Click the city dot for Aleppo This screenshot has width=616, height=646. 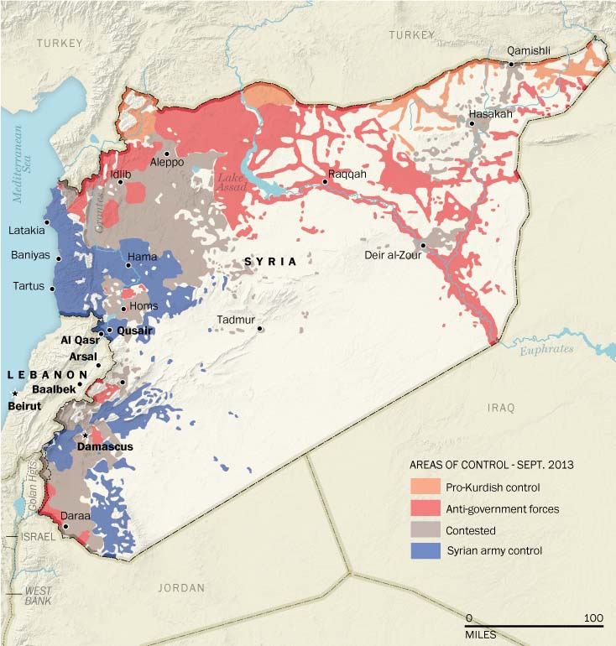[x=167, y=154]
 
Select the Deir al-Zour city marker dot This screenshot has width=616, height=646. [x=424, y=246]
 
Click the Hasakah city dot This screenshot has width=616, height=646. [x=472, y=124]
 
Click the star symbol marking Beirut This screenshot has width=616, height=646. [x=14, y=393]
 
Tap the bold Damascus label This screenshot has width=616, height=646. [x=105, y=447]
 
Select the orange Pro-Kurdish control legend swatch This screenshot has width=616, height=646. [x=426, y=487]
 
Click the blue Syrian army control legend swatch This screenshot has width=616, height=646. [x=426, y=551]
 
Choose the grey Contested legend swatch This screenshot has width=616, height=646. [x=426, y=530]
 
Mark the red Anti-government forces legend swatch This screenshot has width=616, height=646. [x=426, y=508]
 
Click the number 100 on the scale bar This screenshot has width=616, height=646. [x=593, y=618]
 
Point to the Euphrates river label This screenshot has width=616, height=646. [x=546, y=348]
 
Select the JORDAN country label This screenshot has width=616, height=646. [x=180, y=588]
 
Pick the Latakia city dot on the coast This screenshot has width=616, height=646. [x=48, y=222]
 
